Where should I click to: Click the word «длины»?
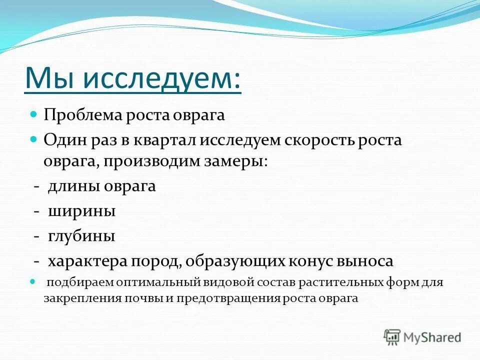click(74, 186)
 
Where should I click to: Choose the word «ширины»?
click(82, 211)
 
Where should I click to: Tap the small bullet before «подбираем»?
click(34, 282)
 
